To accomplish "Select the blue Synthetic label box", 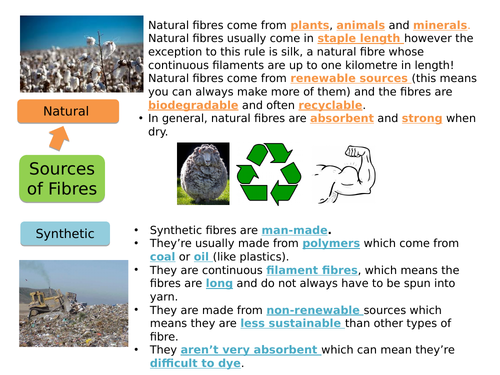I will tap(65, 234).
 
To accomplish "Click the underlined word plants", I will tap(312, 24).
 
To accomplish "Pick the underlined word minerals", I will tap(438, 24).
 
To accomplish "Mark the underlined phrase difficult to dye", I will tap(194, 363).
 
